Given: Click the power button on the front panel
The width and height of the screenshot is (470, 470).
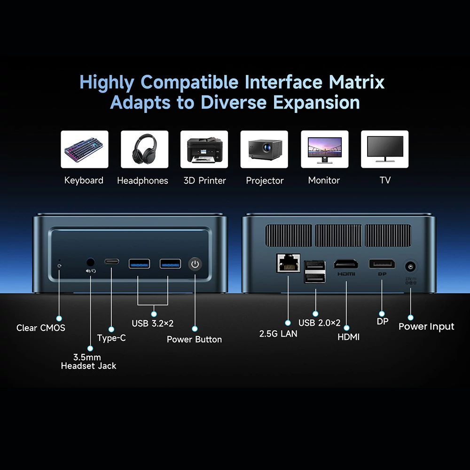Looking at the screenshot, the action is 195,264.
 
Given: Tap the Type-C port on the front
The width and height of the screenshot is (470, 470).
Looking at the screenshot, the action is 111,262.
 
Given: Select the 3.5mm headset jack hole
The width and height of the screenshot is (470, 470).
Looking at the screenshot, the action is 91,262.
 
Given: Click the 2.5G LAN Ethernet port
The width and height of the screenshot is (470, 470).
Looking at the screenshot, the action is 289,263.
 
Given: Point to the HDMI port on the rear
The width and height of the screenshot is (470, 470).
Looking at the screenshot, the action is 346,264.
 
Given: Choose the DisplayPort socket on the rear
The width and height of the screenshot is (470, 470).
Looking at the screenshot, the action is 382,264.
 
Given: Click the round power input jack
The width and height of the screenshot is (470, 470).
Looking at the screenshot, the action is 410,266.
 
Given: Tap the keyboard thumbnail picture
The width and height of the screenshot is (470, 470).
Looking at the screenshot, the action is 85,149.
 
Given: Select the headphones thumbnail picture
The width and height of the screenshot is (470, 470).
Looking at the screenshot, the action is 144,149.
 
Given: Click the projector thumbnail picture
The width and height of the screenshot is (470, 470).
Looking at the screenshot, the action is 264,149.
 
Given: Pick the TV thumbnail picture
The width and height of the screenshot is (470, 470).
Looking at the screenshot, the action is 384,149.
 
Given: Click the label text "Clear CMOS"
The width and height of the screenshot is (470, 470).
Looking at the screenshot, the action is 41,328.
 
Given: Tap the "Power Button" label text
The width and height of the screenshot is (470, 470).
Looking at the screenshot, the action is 194,339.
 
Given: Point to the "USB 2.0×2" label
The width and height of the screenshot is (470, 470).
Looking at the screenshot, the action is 320,323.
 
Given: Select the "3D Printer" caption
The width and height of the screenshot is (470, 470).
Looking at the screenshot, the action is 205,180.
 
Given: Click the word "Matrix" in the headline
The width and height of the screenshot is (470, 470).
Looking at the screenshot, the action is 357,82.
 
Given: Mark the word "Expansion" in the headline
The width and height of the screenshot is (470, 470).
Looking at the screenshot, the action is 316,103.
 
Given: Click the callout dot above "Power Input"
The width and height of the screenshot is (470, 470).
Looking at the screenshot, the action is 411,317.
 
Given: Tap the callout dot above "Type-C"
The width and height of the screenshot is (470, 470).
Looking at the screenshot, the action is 111,329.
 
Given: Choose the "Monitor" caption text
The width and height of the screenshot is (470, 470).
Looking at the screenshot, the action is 324,180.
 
